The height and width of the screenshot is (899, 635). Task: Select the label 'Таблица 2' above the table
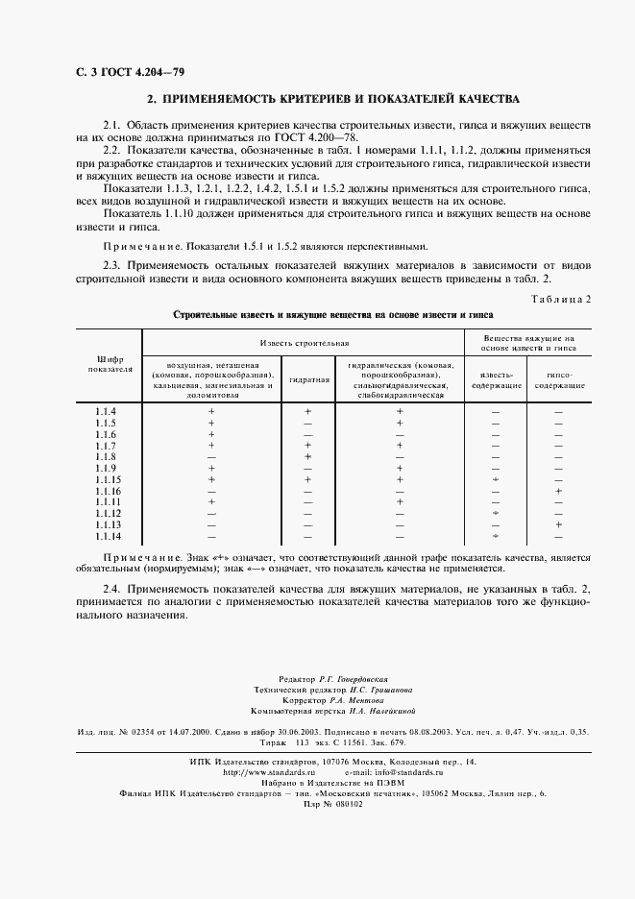coord(561,299)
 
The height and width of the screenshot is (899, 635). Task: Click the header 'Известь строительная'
coord(304,342)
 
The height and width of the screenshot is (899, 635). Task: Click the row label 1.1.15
coord(108,479)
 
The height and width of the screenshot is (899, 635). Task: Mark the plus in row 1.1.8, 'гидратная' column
coord(308,456)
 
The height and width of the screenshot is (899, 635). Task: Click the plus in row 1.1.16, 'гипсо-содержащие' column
coord(558,491)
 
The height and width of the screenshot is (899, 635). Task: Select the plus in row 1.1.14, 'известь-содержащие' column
coord(496,536)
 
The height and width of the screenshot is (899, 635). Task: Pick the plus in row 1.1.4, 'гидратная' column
coord(308,412)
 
